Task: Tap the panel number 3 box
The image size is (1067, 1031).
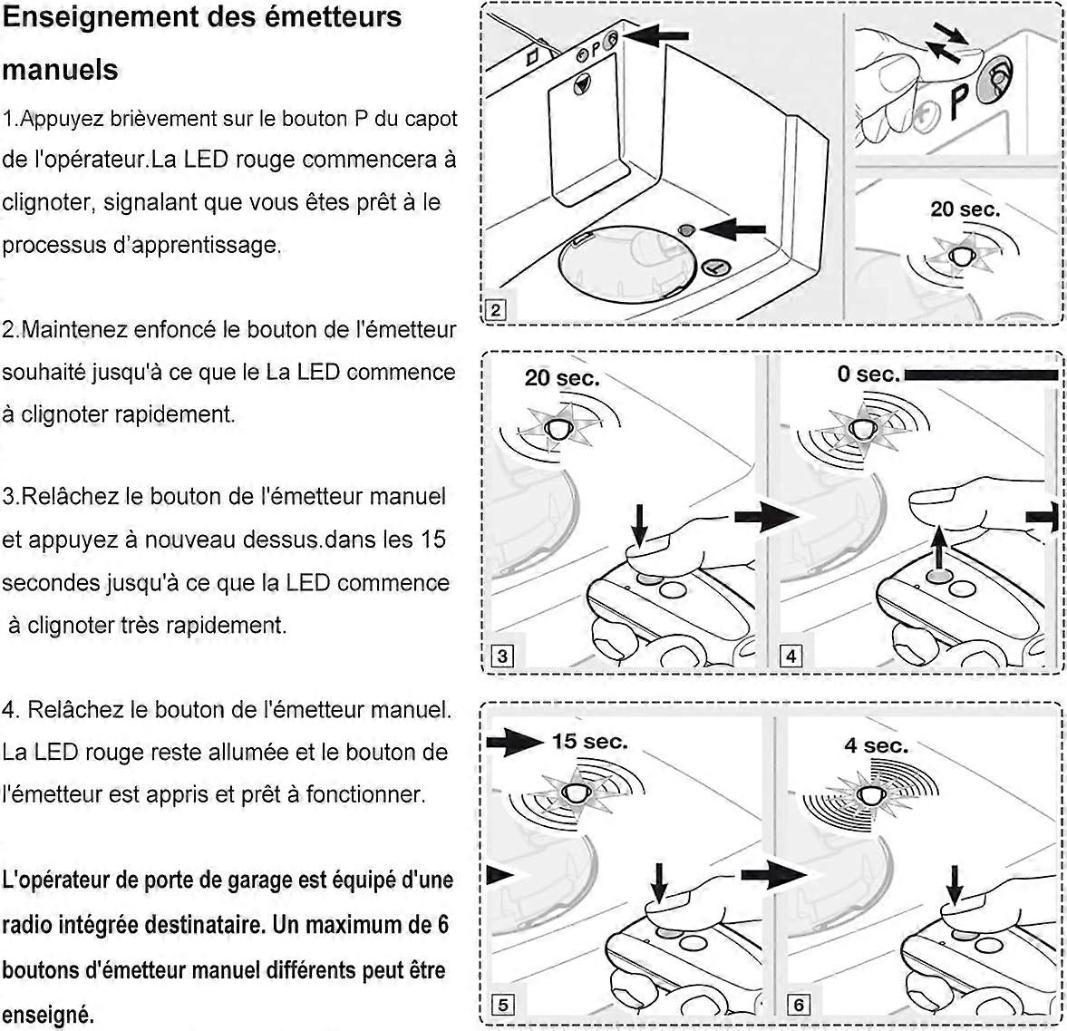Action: pos(502,656)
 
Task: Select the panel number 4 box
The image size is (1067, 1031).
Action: pos(791,656)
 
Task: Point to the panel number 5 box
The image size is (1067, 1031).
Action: pos(502,1004)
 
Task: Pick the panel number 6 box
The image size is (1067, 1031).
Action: pos(799,1004)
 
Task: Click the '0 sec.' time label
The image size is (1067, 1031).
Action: pos(868,374)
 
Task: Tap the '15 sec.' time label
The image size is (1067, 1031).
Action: pos(589,742)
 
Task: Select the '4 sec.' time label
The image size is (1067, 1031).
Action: pos(876,745)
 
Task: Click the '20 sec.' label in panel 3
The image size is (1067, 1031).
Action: pos(562,378)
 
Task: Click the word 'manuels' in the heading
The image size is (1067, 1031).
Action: pos(61,70)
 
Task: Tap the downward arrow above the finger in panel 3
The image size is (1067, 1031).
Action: pos(640,523)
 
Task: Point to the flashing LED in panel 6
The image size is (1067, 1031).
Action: pos(872,794)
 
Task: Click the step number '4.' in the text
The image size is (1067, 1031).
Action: pos(12,709)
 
